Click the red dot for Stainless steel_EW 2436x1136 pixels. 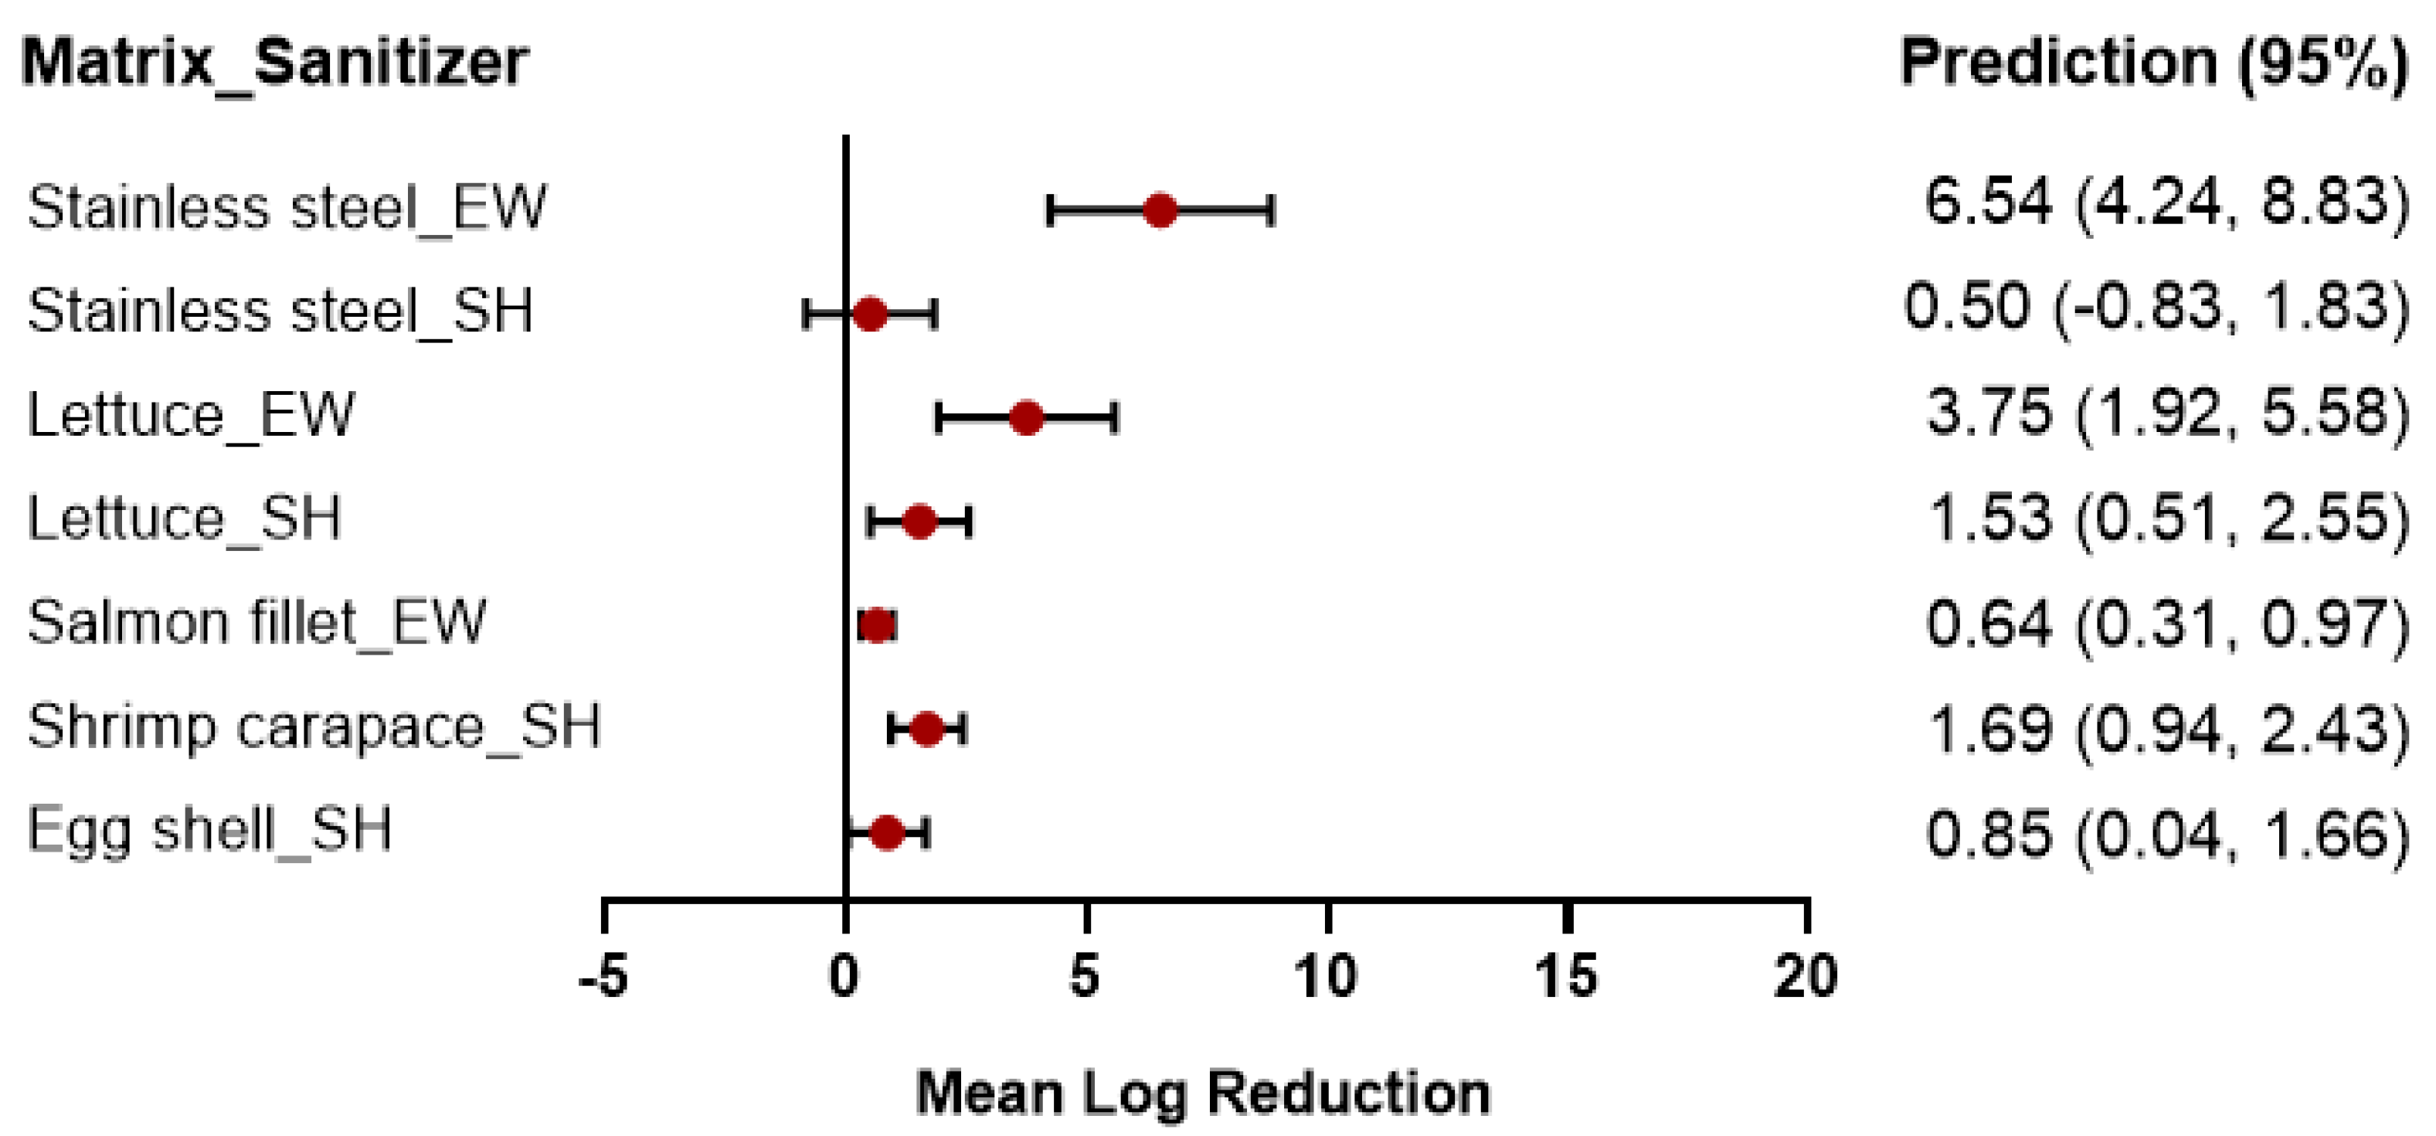click(x=1160, y=210)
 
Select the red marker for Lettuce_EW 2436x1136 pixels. click(x=1027, y=417)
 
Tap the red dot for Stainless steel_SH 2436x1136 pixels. click(x=870, y=313)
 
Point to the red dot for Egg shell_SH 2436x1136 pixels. click(x=887, y=832)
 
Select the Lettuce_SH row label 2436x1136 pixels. click(x=185, y=519)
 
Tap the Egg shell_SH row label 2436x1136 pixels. click(x=209, y=831)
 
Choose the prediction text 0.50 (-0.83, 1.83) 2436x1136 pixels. click(x=2155, y=308)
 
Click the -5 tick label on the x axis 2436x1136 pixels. click(x=603, y=976)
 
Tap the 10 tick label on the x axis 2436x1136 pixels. click(x=1326, y=976)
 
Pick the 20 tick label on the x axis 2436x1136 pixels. click(x=1806, y=976)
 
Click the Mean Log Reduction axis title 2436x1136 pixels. click(x=1203, y=1093)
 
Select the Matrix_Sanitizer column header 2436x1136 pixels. click(x=274, y=63)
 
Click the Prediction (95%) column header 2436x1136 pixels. click(x=2153, y=63)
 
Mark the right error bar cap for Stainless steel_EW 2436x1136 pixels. click(x=1272, y=210)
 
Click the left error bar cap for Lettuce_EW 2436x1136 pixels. click(x=938, y=417)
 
